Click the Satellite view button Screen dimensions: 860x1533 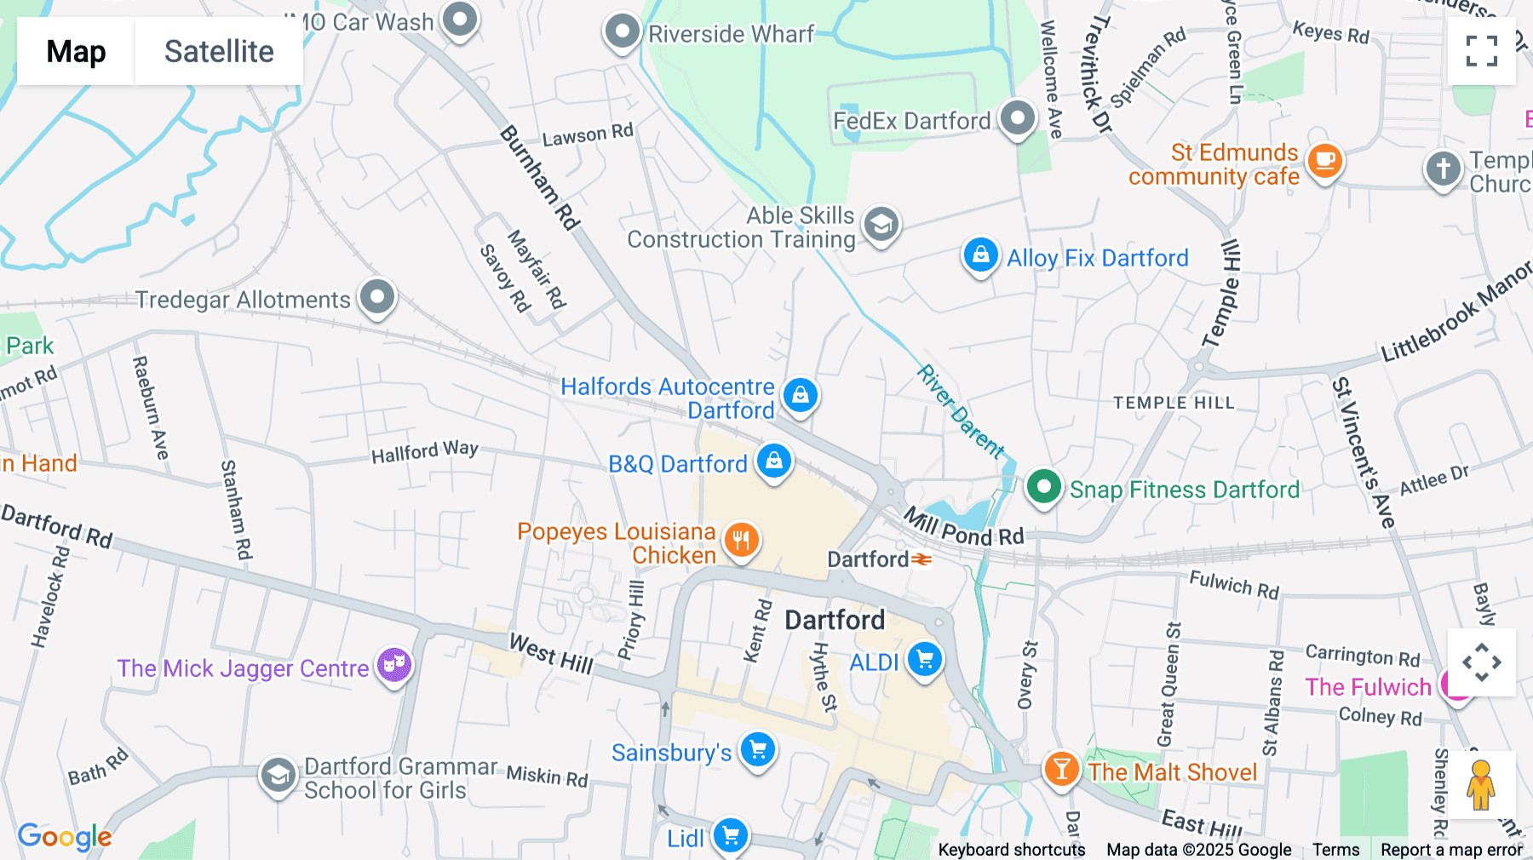coord(219,51)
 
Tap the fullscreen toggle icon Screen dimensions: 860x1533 coord(1481,51)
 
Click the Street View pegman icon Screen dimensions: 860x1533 coord(1481,784)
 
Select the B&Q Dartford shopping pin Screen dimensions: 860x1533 coord(773,461)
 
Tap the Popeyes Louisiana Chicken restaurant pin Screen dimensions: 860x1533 coord(741,540)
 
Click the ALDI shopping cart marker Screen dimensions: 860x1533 coord(924,660)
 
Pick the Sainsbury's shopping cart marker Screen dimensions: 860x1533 coord(757,750)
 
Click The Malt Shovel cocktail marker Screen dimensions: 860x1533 coord(1061,769)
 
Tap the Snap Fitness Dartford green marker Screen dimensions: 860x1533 coord(1043,487)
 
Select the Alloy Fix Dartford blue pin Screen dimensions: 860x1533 coord(980,255)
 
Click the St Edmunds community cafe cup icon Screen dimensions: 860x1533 coord(1324,159)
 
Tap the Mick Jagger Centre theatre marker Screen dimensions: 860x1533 coord(393,665)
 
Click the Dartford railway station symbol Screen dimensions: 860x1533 coord(922,559)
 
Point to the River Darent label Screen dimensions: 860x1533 coord(961,411)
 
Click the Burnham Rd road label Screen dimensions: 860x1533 coord(539,178)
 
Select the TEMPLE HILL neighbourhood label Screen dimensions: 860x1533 coord(1174,403)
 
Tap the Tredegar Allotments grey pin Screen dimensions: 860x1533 coord(376,297)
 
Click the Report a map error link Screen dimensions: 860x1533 coord(1451,849)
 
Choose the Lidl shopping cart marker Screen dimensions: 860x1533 coord(730,836)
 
